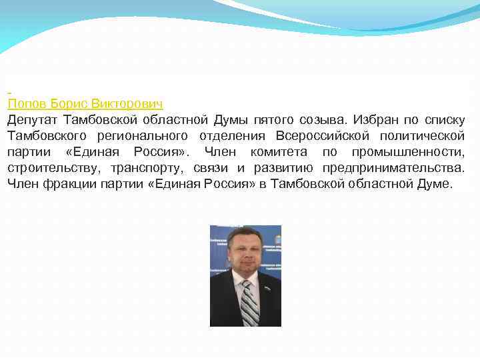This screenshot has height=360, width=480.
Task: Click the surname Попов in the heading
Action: [27, 104]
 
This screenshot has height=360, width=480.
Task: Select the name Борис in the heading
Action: [69, 104]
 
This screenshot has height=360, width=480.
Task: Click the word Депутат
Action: [33, 120]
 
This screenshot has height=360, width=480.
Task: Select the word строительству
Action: [49, 168]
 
